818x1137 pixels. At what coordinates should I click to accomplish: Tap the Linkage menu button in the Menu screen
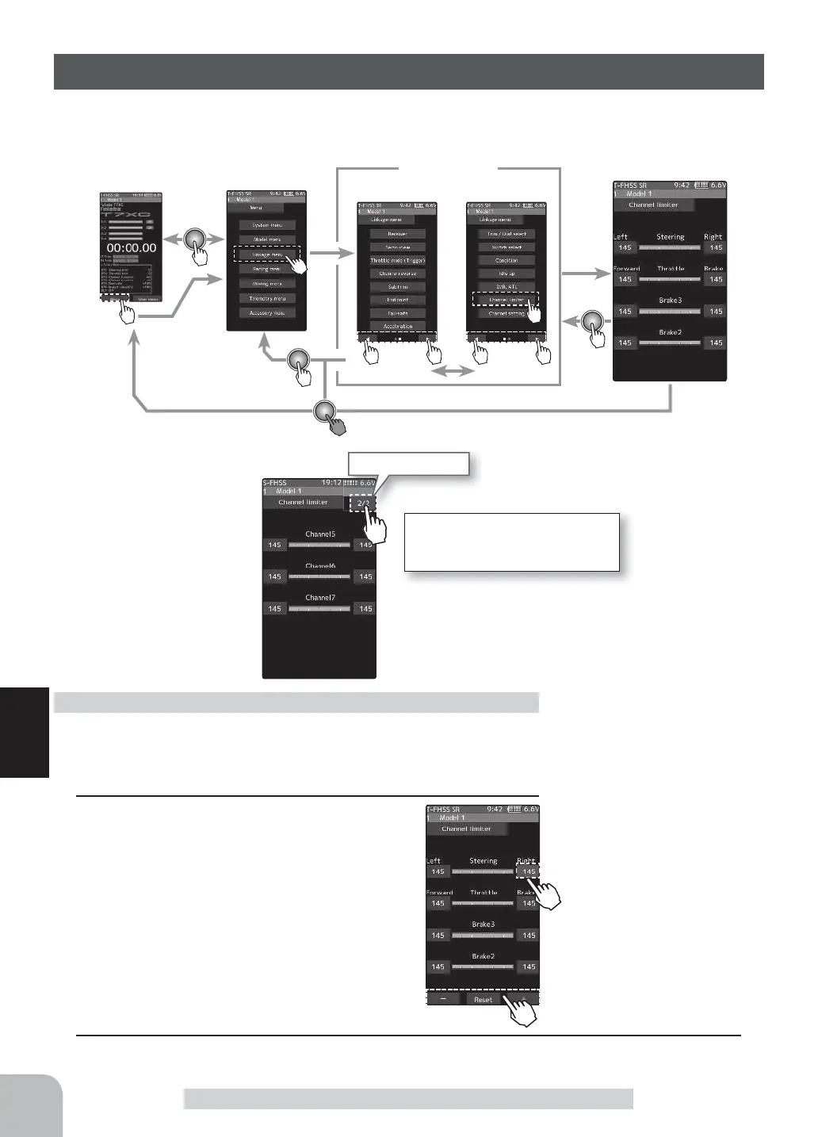click(x=266, y=255)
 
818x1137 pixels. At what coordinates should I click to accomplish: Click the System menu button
click(x=266, y=225)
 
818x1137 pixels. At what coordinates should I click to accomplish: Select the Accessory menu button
click(x=266, y=313)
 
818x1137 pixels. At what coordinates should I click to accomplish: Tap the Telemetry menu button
click(x=266, y=299)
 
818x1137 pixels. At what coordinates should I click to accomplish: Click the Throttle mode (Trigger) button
click(x=397, y=260)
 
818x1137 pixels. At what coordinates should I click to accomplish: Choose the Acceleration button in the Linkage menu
click(x=397, y=326)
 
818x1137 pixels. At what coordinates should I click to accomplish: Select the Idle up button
click(x=506, y=274)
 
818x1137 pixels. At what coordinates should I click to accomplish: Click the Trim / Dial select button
click(x=506, y=234)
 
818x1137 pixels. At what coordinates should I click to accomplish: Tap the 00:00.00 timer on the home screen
click(x=131, y=247)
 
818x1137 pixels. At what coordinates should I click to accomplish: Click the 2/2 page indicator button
click(x=363, y=503)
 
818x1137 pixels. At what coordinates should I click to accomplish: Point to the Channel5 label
click(x=320, y=534)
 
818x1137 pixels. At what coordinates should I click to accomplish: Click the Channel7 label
click(x=320, y=598)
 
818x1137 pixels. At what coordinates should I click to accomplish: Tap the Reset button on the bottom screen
click(x=483, y=1000)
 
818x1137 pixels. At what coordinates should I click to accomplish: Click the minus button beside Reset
click(x=444, y=1000)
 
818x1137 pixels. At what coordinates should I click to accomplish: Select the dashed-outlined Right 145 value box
click(x=528, y=871)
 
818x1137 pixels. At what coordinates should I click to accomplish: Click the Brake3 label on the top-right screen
click(x=670, y=301)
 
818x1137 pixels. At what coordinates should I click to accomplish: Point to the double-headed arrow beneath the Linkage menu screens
click(x=449, y=371)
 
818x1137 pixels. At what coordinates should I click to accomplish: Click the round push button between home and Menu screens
click(x=195, y=239)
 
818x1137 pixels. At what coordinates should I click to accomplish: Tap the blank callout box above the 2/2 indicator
click(x=409, y=464)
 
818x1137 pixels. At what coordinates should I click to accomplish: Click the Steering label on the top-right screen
click(x=670, y=237)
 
